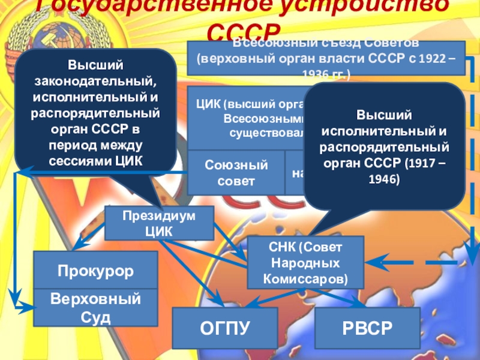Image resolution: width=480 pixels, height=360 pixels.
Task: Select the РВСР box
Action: pyautogui.click(x=367, y=328)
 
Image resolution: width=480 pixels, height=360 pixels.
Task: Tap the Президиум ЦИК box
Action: pyautogui.click(x=159, y=223)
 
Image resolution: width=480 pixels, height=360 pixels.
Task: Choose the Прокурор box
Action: pyautogui.click(x=95, y=270)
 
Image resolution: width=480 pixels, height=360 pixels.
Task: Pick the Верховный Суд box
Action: pyautogui.click(x=95, y=307)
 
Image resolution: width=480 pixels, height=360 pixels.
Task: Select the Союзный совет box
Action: pyautogui.click(x=236, y=172)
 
